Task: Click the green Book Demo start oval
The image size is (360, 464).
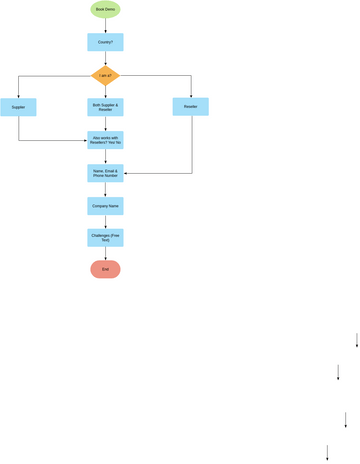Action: pos(105,10)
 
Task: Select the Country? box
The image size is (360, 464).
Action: pos(105,42)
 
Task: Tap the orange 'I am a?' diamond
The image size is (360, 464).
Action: pos(105,75)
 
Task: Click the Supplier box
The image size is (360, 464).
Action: pos(19,106)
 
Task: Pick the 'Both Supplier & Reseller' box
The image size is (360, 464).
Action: pos(105,106)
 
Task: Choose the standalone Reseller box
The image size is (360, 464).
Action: pos(190,106)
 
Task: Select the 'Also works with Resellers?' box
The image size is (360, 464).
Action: pos(105,140)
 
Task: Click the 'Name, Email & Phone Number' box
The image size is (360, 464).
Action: pos(105,174)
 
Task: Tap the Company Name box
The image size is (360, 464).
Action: pos(105,206)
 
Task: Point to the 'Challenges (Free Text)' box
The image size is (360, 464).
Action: pos(105,238)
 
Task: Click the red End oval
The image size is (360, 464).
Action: pos(105,269)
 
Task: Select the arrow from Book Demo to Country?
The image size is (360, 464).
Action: pos(105,26)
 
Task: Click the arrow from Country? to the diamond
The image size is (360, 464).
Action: pos(105,58)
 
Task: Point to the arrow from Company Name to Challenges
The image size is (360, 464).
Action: pos(105,222)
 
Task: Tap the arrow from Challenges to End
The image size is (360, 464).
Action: pos(105,254)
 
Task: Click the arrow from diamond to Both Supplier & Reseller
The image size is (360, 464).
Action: pos(105,91)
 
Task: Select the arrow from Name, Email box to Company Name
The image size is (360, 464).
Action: pos(105,190)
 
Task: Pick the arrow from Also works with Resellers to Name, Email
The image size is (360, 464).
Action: pos(105,157)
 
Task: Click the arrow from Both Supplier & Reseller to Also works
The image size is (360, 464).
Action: pos(105,123)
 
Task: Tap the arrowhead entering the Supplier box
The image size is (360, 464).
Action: pos(19,95)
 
